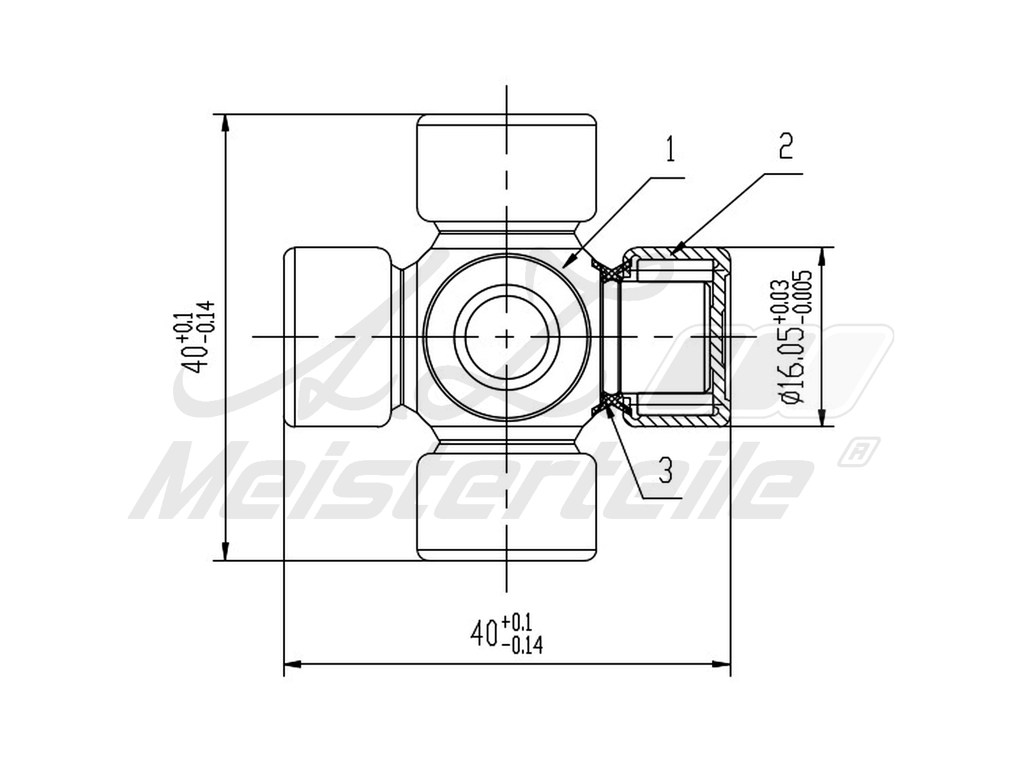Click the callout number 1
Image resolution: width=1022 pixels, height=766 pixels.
click(670, 149)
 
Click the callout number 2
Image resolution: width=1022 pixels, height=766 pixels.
click(786, 146)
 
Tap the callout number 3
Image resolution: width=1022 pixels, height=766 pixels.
click(666, 470)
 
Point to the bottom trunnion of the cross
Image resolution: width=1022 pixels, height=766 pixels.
click(507, 507)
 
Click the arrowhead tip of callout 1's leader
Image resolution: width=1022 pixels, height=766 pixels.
click(563, 268)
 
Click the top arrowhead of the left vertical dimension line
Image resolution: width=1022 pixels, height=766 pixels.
click(225, 115)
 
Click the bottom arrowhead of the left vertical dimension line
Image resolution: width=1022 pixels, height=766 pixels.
click(225, 560)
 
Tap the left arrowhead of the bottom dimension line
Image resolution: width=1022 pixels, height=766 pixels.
click(284, 664)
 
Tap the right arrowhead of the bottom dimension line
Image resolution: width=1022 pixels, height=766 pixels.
click(730, 664)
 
